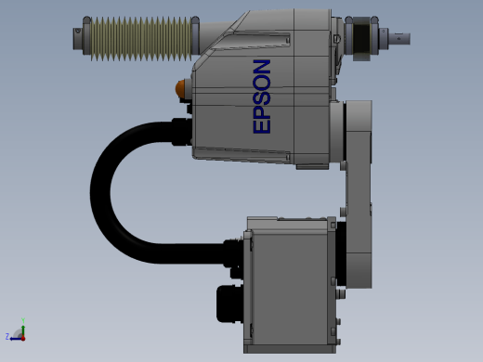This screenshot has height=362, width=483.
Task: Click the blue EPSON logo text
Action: pos(262,97)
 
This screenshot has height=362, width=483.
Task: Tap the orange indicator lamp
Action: pos(180,89)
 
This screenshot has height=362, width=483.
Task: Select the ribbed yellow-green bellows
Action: pos(141,38)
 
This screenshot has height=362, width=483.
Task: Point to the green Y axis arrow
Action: pos(23,329)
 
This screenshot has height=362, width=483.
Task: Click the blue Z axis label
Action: pos(7,336)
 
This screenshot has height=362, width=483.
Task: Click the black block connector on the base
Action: pos(229,304)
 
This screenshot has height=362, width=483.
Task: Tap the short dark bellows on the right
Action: pos(361,38)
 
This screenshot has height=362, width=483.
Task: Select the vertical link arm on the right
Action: pos(359,194)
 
